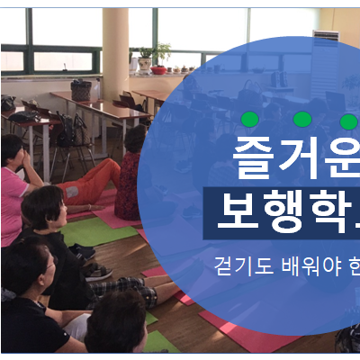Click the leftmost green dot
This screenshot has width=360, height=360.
250,119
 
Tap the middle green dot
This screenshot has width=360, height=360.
302,119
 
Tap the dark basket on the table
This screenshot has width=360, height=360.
82,90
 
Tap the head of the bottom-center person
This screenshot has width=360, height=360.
114,319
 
